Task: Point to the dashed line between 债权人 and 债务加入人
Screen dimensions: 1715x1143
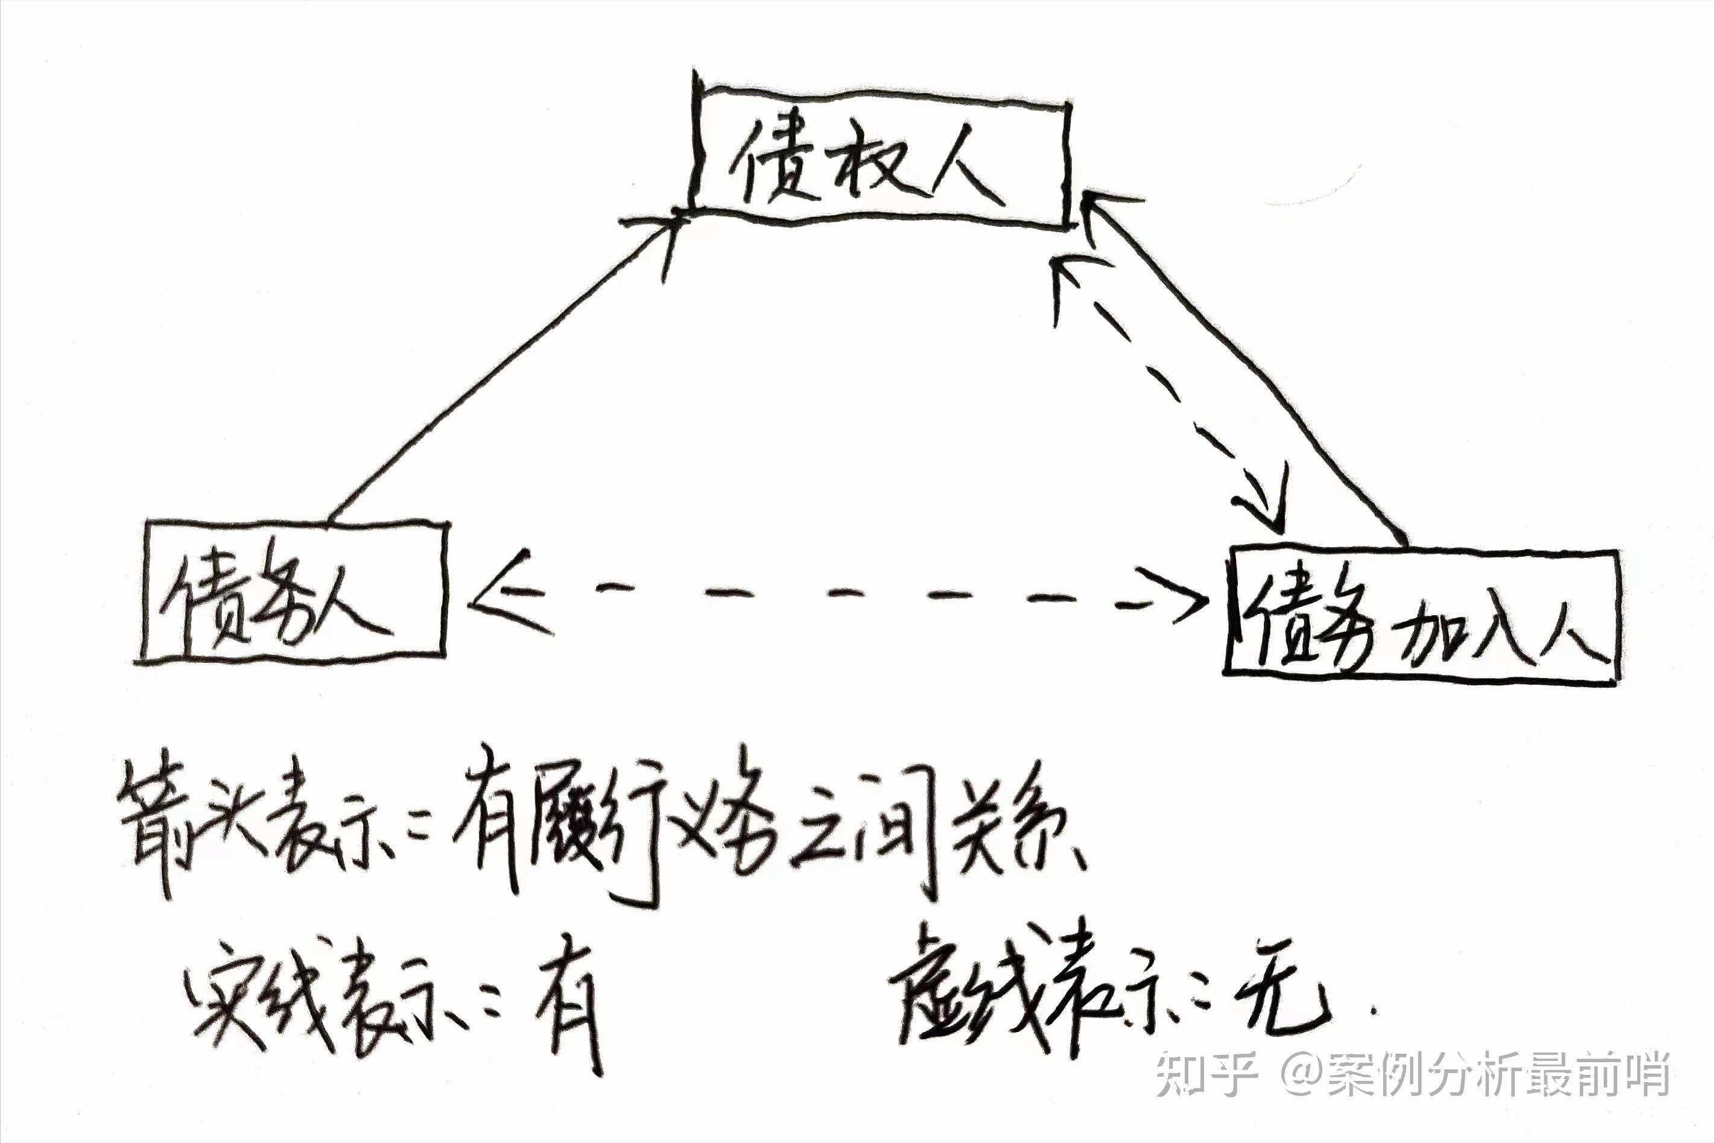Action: tap(1166, 387)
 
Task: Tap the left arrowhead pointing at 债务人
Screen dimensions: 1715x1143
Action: tap(503, 594)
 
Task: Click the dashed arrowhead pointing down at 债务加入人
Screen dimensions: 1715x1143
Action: tap(1264, 503)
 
